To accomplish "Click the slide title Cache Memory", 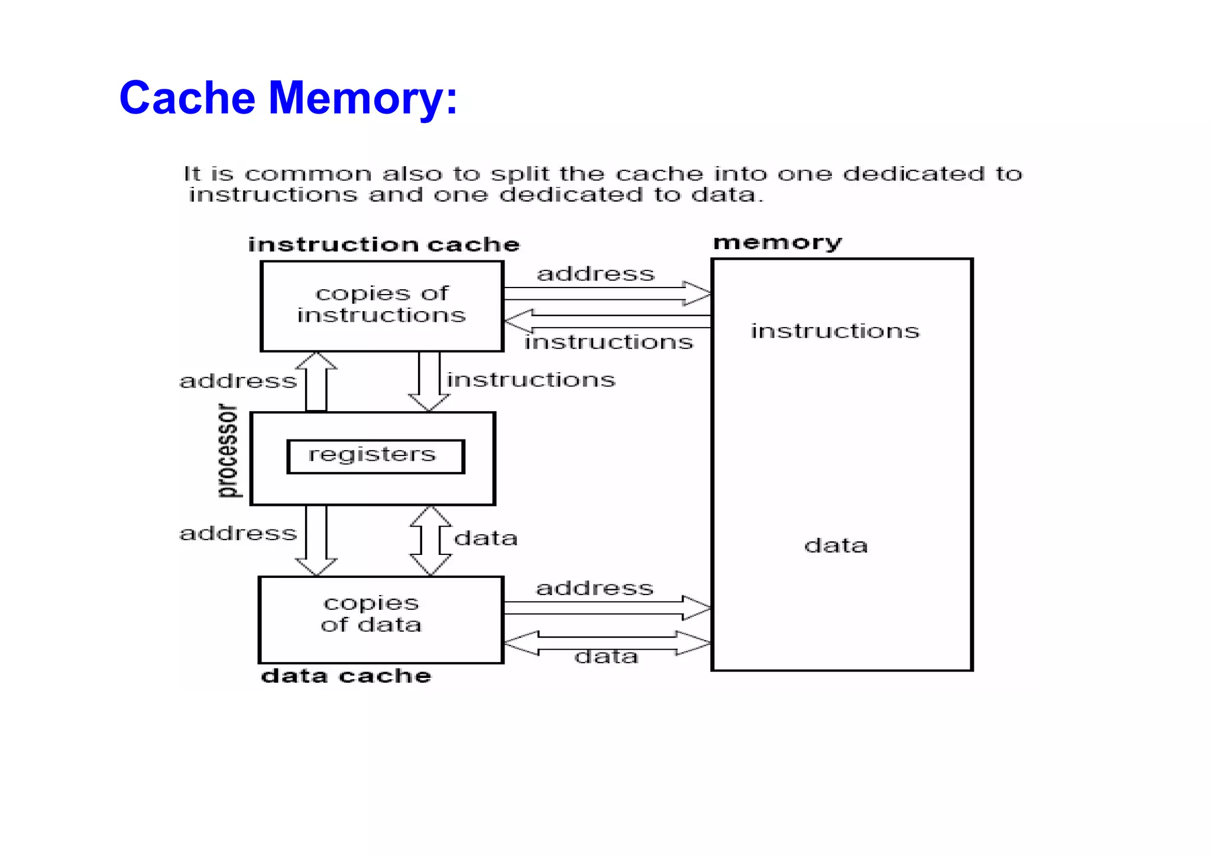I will point(288,98).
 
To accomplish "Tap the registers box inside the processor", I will point(375,456).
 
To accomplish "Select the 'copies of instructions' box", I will point(382,305).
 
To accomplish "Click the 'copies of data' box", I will point(381,619).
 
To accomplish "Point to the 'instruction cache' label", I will point(384,245).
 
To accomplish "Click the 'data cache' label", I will point(346,676).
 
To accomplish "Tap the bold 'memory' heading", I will point(777,243).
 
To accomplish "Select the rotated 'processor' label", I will point(228,451).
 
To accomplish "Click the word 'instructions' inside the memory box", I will point(835,331).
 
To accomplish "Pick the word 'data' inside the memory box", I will point(836,545).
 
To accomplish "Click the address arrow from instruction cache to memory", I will point(607,293).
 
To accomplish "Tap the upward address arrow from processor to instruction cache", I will point(316,382).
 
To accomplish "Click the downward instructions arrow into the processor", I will point(429,382).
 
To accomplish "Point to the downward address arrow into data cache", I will point(316,540).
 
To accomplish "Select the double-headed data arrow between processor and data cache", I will point(430,540).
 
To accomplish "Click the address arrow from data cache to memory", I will point(607,608).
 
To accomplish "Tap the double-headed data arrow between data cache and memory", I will point(607,643).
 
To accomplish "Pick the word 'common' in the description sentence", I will point(308,175).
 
